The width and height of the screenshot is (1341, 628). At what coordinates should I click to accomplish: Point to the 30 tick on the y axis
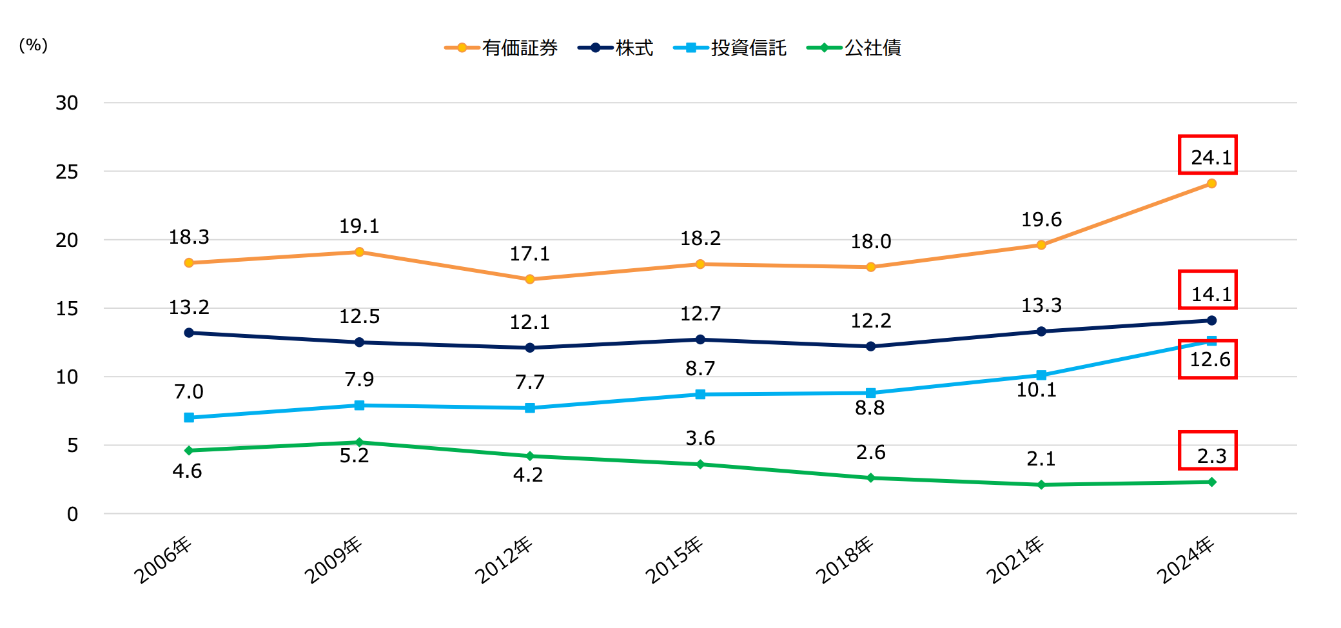pyautogui.click(x=67, y=103)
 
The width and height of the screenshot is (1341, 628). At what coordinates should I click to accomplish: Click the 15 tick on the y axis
pyautogui.click(x=67, y=309)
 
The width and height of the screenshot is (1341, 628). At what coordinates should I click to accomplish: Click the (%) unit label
pyautogui.click(x=34, y=45)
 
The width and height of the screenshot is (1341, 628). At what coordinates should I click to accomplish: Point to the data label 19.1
pyautogui.click(x=359, y=226)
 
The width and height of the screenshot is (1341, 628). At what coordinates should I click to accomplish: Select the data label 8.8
pyautogui.click(x=870, y=408)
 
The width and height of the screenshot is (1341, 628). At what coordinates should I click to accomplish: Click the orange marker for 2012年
pyautogui.click(x=530, y=279)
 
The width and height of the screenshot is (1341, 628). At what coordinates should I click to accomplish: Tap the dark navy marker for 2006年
pyautogui.click(x=189, y=333)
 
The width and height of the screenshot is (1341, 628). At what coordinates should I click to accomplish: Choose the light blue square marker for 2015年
pyautogui.click(x=700, y=394)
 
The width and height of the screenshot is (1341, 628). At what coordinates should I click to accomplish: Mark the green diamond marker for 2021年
pyautogui.click(x=1041, y=485)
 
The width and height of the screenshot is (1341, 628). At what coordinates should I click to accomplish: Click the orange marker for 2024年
pyautogui.click(x=1211, y=184)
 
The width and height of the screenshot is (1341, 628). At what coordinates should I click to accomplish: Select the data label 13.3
pyautogui.click(x=1041, y=305)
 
